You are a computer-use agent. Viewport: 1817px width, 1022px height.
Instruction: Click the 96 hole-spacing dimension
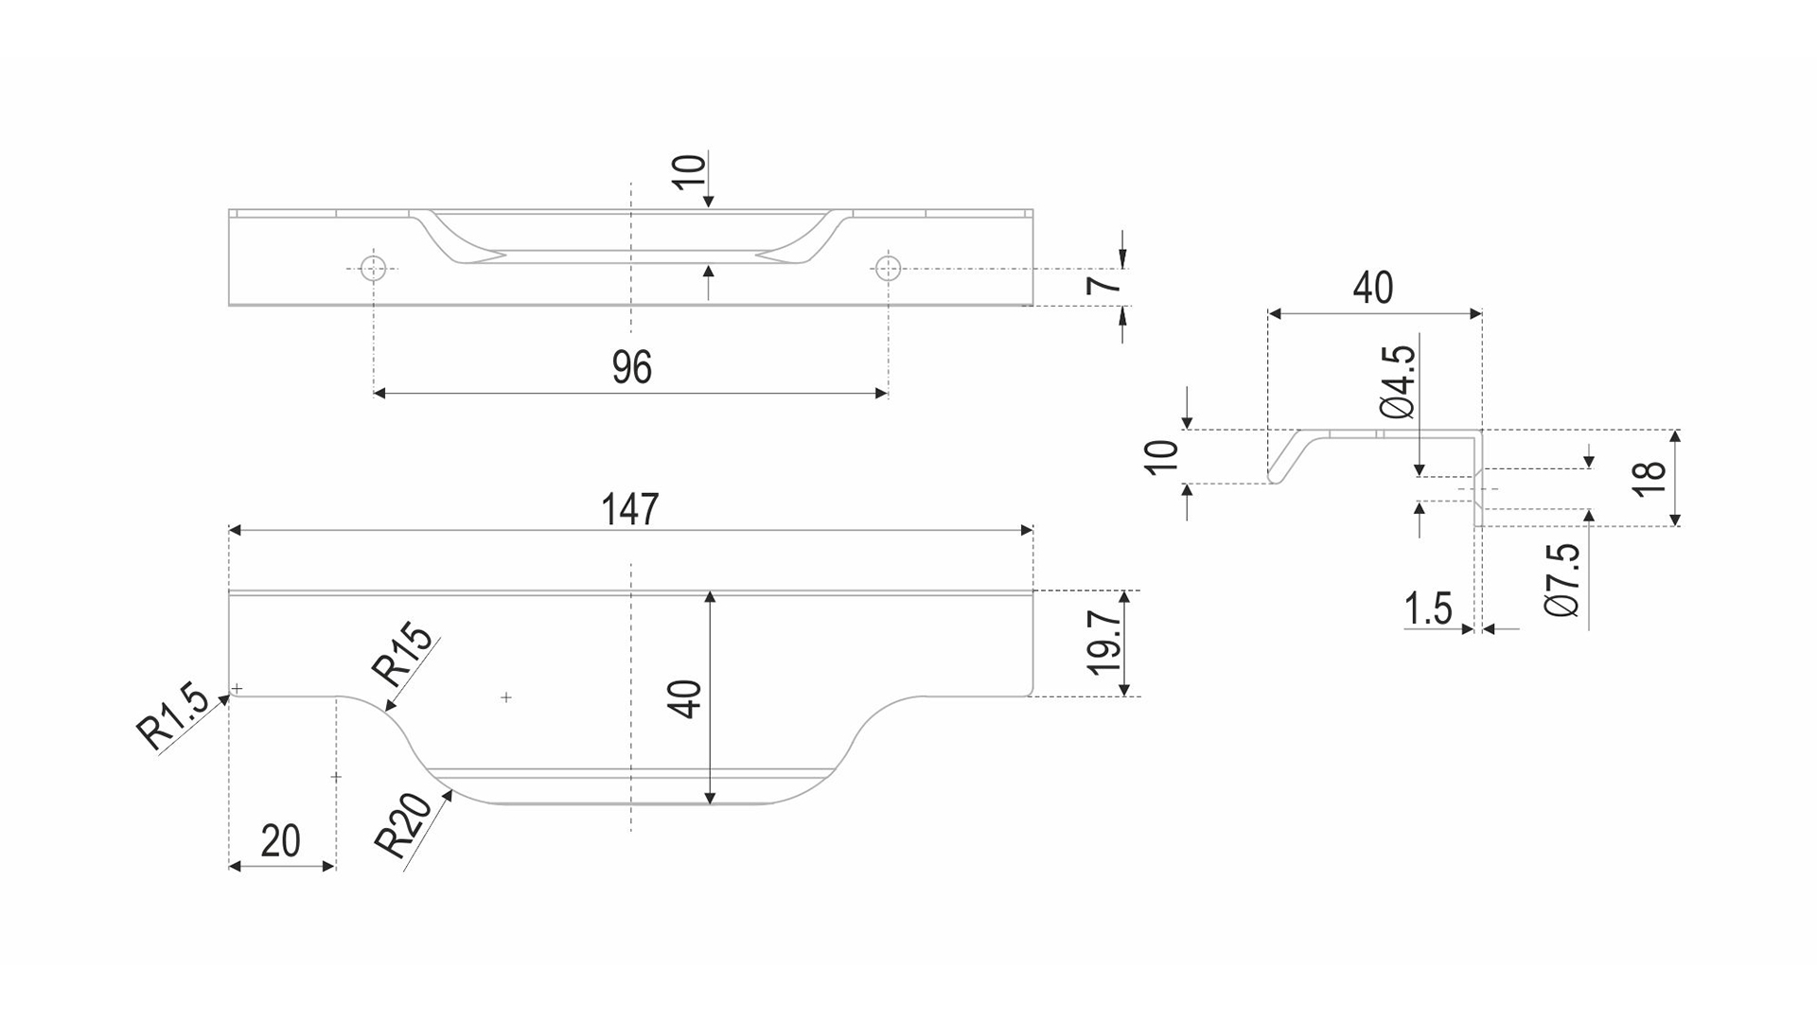[x=631, y=367]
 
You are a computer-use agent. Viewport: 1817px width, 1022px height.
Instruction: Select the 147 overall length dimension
[x=629, y=510]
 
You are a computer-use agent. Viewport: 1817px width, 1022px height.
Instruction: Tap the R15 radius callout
[x=405, y=656]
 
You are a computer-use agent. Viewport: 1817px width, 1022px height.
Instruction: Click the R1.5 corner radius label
[x=171, y=718]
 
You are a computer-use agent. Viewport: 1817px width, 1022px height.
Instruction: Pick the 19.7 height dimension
[x=1104, y=641]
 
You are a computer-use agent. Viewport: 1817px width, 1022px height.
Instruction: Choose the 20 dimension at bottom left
[x=280, y=840]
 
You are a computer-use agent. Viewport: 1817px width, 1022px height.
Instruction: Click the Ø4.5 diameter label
[x=1398, y=382]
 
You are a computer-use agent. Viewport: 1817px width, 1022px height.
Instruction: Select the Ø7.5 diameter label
[x=1562, y=580]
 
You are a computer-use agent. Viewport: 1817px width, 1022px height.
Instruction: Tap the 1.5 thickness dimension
[x=1428, y=608]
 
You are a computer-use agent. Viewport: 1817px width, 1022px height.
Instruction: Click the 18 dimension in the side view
[x=1649, y=477]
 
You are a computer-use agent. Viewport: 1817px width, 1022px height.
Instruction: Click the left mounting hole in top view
[x=375, y=268]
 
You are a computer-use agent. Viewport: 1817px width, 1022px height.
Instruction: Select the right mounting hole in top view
[x=888, y=268]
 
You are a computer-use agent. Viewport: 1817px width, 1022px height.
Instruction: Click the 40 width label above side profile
[x=1373, y=287]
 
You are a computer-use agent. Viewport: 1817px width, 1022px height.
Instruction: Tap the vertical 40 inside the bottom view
[x=689, y=698]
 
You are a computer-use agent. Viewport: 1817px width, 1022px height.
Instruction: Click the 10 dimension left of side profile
[x=1162, y=457]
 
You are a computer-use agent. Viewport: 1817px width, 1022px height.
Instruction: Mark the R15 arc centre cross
[x=506, y=697]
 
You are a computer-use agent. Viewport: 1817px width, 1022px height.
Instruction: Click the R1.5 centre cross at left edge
[x=238, y=688]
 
